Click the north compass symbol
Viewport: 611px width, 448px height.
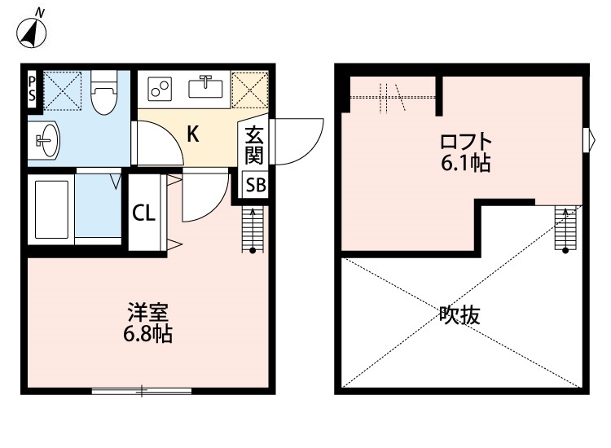[x=32, y=30]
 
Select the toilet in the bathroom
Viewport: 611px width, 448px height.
[x=103, y=93]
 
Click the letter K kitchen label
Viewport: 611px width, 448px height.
[x=193, y=134]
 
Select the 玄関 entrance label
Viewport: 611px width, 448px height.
[x=254, y=144]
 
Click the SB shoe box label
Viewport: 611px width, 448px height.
[x=255, y=186]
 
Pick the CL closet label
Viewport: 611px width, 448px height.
[x=143, y=214]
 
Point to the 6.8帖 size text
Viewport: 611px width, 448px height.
[x=147, y=333]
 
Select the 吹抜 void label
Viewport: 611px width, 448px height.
[x=460, y=314]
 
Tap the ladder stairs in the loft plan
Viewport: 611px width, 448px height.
[x=564, y=227]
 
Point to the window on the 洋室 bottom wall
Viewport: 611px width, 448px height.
[x=142, y=392]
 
